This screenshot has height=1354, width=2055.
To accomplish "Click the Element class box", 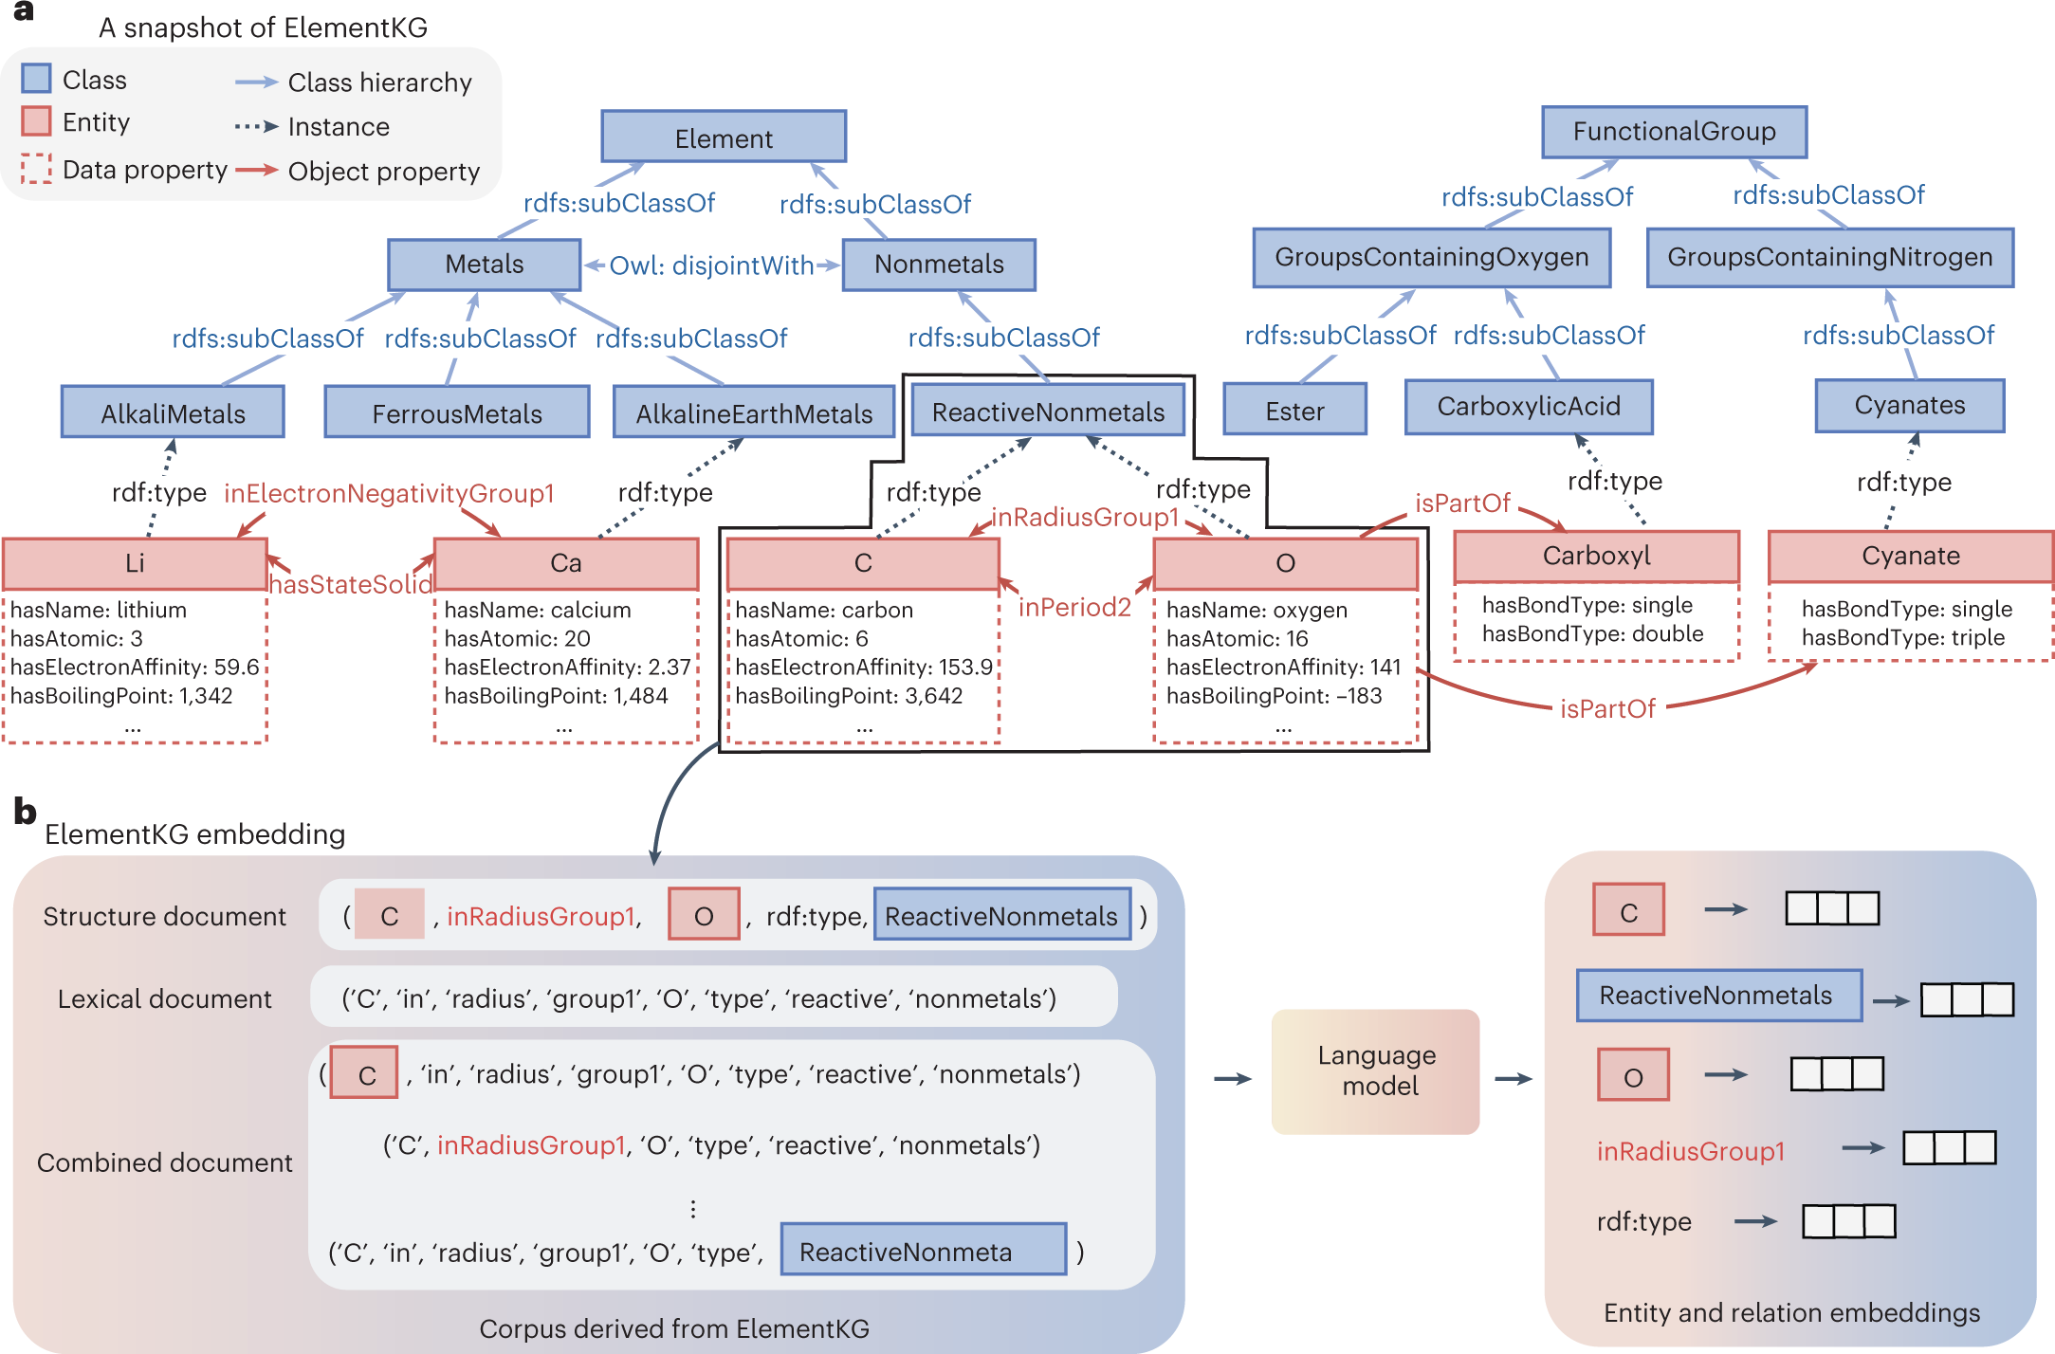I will (x=724, y=137).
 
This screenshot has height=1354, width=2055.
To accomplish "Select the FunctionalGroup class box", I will (x=1674, y=132).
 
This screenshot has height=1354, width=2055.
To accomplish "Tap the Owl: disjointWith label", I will (x=711, y=265).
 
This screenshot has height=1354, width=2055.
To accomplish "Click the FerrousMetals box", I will (x=456, y=412).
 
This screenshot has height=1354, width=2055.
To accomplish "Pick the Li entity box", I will (x=135, y=563).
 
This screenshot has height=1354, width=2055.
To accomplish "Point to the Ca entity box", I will (x=566, y=563).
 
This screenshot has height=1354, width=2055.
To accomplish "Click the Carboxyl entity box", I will (x=1596, y=556).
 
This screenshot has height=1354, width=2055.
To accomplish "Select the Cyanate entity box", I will (x=1910, y=556).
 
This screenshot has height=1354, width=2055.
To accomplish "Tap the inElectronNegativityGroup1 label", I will (x=389, y=493).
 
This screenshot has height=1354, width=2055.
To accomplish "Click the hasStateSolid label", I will (x=350, y=584).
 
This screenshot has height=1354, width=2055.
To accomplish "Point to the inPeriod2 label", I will (x=1074, y=607).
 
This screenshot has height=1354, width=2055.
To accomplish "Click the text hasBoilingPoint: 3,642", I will (x=849, y=696).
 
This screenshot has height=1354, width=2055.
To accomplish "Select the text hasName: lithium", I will (x=99, y=610).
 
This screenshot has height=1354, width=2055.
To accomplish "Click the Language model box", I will (x=1376, y=1070).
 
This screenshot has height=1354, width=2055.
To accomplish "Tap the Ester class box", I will (x=1294, y=411).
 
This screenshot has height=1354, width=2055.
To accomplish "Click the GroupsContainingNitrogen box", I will (x=1829, y=257).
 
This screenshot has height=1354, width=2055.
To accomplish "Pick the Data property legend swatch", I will (x=36, y=169).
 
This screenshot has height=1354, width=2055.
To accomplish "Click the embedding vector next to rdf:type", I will (x=1848, y=1221).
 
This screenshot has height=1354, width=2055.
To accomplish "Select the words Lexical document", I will (x=164, y=998).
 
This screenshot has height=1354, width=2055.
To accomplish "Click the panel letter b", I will (x=25, y=812).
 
